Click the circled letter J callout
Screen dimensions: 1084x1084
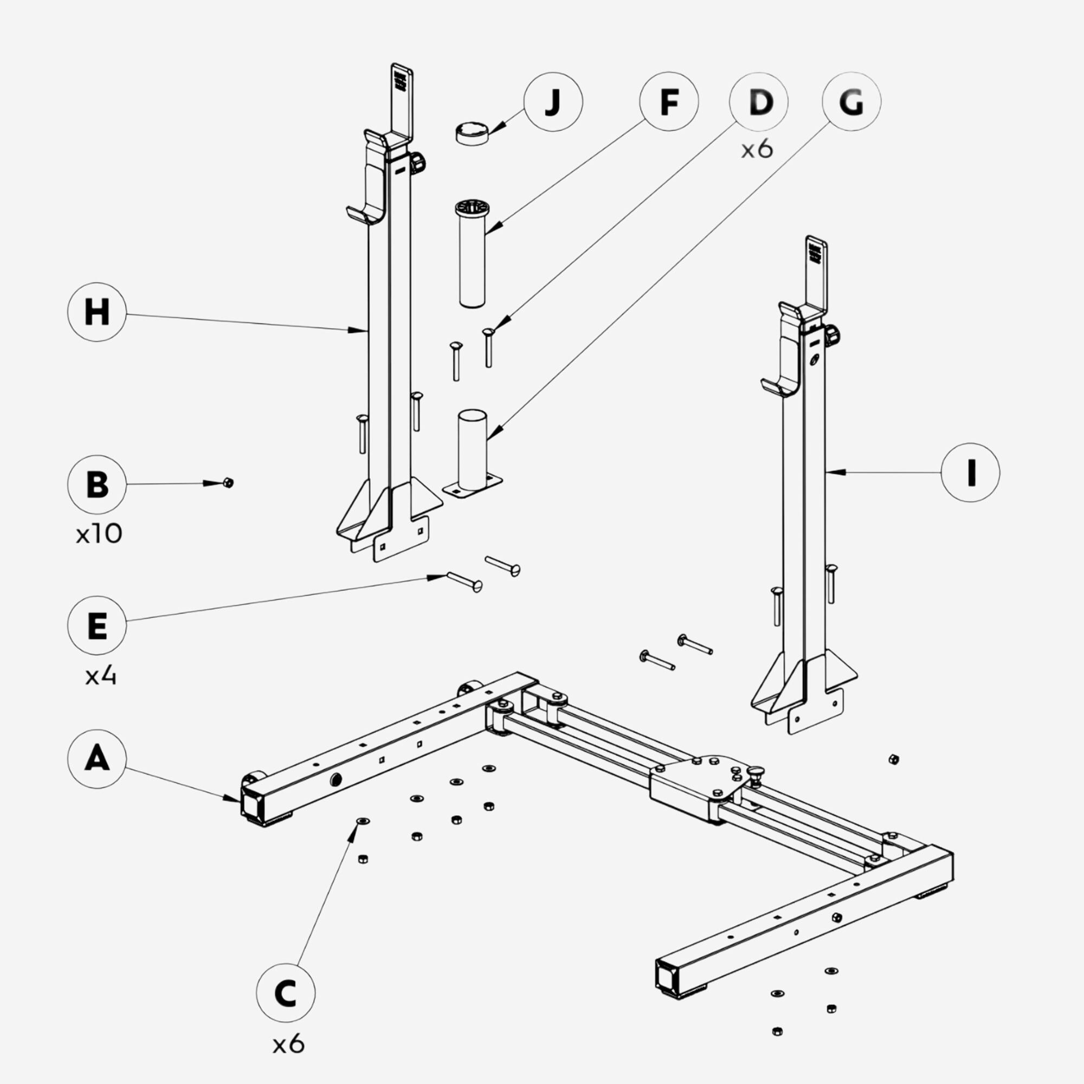tap(553, 101)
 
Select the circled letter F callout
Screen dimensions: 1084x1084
tap(669, 101)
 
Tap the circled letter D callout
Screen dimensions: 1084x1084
tap(759, 101)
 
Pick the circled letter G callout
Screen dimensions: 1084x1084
tap(851, 101)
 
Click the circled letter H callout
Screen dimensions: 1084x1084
tap(96, 312)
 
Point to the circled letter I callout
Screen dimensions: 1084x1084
tap(970, 472)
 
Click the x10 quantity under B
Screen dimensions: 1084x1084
tap(99, 534)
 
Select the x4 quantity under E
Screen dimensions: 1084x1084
tap(100, 676)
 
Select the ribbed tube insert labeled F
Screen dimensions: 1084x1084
tap(472, 253)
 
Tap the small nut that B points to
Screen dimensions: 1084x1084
tap(228, 482)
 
